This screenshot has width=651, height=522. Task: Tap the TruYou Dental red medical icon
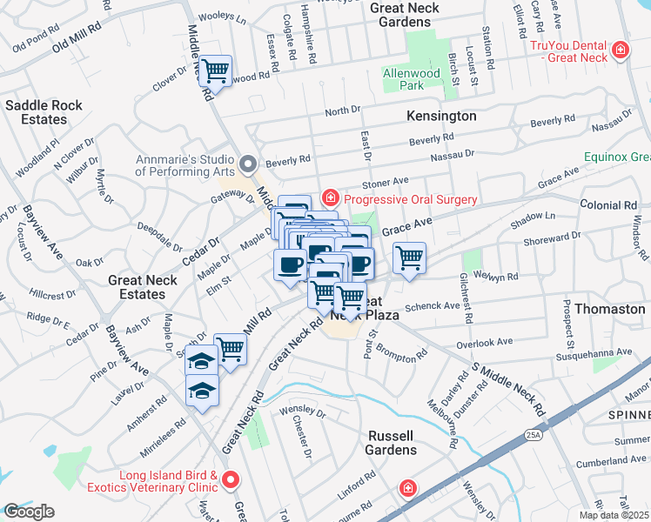[620, 50]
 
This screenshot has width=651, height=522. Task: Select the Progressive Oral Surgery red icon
[330, 199]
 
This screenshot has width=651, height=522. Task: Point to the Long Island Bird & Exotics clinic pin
[231, 480]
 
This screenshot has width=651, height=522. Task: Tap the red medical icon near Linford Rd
[406, 489]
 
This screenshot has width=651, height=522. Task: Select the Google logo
[28, 512]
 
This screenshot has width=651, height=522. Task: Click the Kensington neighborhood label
[441, 116]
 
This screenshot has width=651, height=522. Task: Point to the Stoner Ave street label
[386, 181]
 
